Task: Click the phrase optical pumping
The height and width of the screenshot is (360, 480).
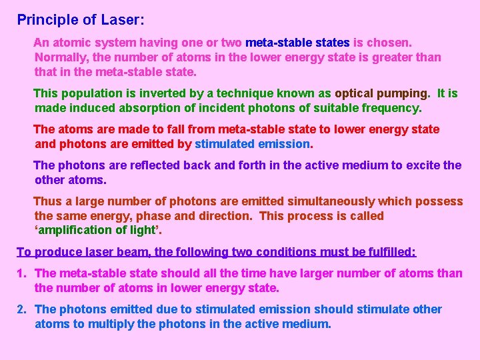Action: point(383,93)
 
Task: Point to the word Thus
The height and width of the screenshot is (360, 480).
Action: point(47,201)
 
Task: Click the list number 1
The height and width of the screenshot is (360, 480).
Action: point(21,273)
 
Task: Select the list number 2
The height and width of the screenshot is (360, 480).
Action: point(21,309)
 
